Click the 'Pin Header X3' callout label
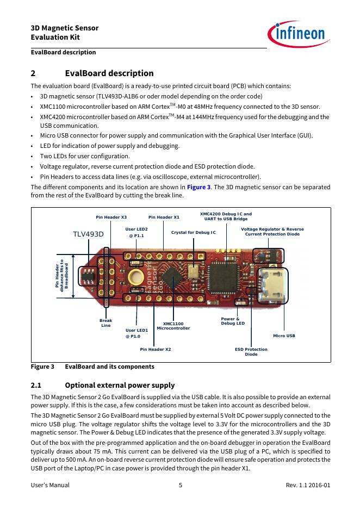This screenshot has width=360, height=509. [x=111, y=217]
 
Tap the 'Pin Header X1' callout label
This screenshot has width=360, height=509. [x=164, y=217]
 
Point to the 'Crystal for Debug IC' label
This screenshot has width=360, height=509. [x=194, y=232]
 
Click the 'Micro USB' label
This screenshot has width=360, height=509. [x=284, y=336]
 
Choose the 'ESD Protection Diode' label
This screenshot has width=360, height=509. [x=251, y=351]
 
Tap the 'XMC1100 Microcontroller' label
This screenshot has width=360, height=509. [x=173, y=326]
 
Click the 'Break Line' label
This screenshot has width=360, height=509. [x=105, y=323]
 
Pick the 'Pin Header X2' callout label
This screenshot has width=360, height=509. [x=156, y=349]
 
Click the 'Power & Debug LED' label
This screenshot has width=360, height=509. [x=233, y=321]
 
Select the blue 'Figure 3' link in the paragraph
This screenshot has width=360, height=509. [x=198, y=187]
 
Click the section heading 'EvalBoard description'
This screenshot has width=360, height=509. [x=109, y=73]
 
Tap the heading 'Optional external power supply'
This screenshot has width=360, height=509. [x=120, y=385]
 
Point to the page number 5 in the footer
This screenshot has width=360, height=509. [x=180, y=485]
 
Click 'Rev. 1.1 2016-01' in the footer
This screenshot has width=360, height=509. [x=308, y=485]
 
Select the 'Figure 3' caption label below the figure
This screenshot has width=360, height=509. [x=42, y=367]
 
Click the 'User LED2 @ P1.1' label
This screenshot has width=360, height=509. [x=136, y=232]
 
